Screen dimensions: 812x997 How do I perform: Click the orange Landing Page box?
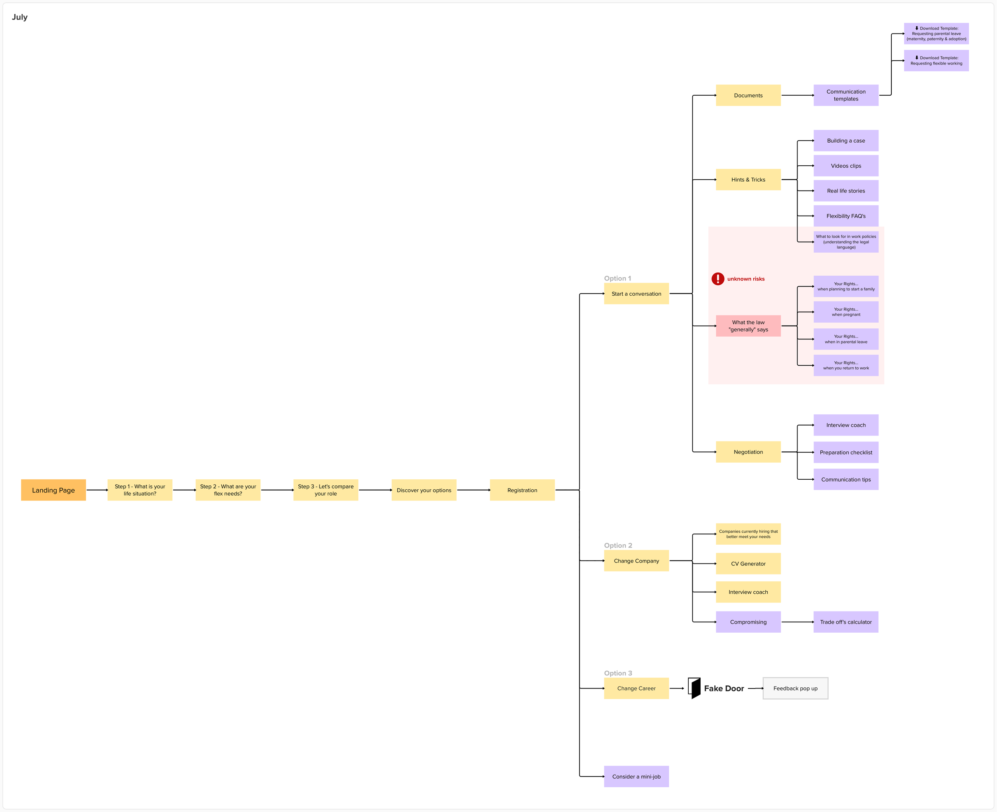coord(53,490)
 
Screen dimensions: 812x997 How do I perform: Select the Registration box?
coord(522,490)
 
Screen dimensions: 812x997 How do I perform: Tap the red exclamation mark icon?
coord(717,279)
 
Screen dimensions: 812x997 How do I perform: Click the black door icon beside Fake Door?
coord(695,688)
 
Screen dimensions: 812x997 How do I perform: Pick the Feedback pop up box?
coord(795,688)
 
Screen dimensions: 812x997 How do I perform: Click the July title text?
coord(20,17)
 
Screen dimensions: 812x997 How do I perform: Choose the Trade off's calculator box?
coord(845,622)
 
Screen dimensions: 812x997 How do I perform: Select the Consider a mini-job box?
coord(636,777)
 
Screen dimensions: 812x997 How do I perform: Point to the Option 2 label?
coord(618,545)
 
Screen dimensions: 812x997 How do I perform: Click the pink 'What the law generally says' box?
coord(748,326)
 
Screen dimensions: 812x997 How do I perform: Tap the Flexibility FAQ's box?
coord(845,216)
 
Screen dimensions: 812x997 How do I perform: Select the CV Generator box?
coord(748,564)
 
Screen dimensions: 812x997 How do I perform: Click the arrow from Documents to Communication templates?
coord(797,95)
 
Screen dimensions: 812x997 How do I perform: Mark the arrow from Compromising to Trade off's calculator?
coord(797,622)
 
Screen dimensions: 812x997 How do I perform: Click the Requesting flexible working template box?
coord(936,60)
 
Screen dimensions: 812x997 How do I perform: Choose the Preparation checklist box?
coord(845,452)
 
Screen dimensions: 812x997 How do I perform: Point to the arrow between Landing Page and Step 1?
coord(97,490)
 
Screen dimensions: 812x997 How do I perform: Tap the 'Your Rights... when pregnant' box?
coord(845,312)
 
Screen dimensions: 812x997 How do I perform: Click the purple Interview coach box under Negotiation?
coord(845,425)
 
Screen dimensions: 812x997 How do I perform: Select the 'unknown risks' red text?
coord(746,279)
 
